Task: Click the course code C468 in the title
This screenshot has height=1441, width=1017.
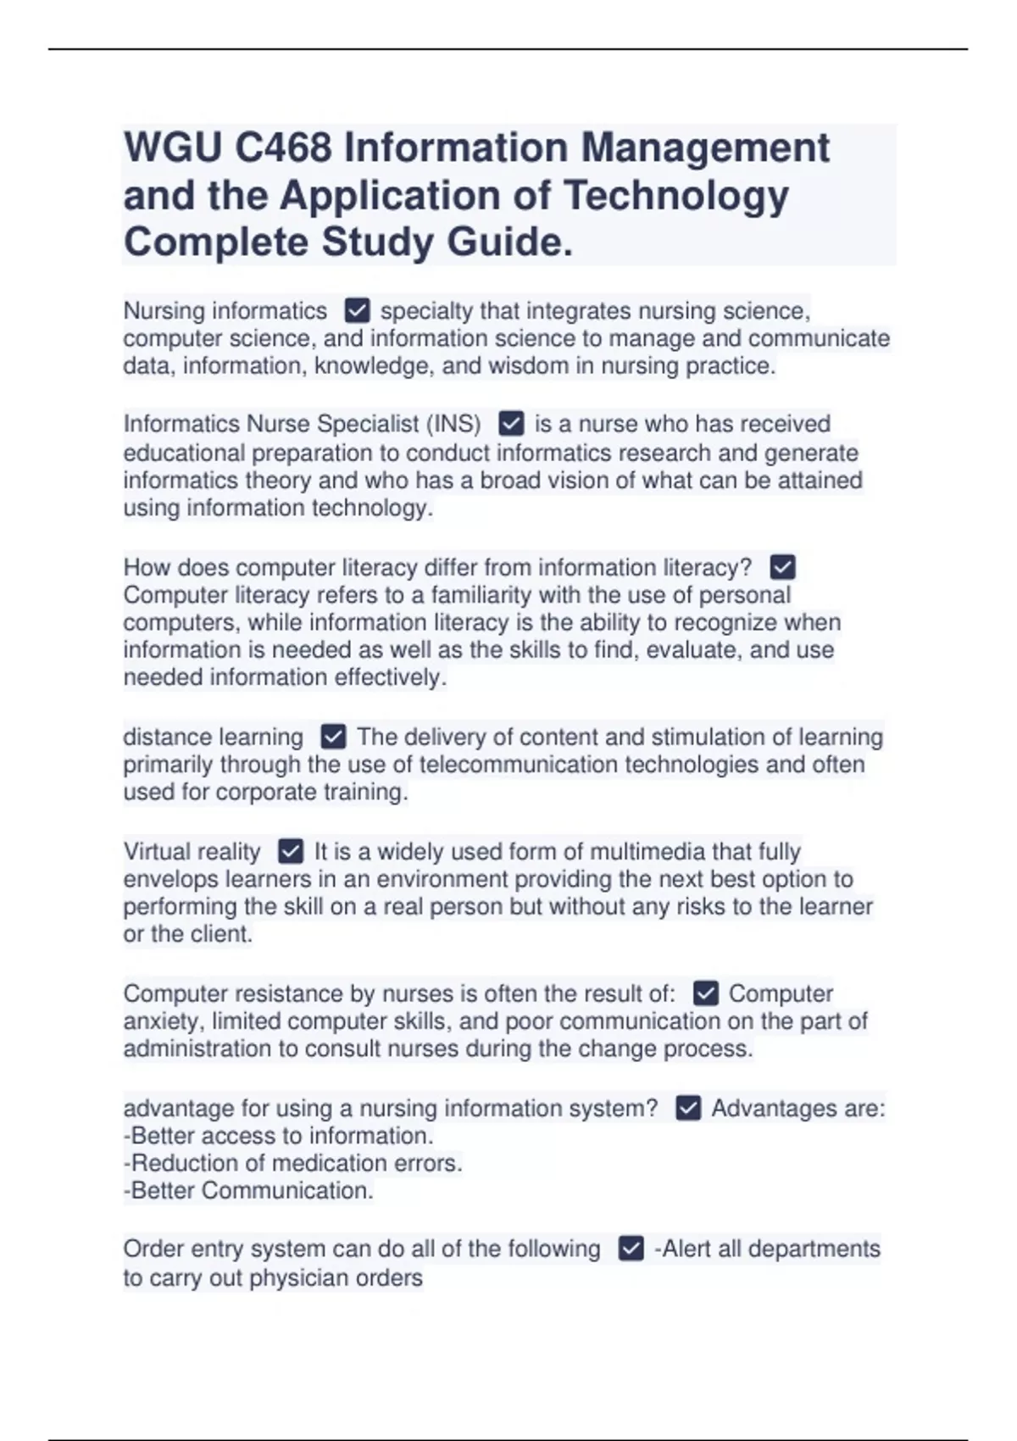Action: coord(283,148)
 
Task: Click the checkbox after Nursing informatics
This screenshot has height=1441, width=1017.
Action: coord(358,310)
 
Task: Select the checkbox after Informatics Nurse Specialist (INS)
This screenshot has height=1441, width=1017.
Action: coord(511,423)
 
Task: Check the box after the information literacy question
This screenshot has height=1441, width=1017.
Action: coord(782,566)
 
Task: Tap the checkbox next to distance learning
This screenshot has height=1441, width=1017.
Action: coord(334,737)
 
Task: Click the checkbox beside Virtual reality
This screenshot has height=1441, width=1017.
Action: coord(291,850)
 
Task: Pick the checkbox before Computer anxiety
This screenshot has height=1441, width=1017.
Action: coord(705,993)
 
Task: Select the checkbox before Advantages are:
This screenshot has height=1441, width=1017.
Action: coord(688,1108)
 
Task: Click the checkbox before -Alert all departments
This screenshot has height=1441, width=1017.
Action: coord(631,1249)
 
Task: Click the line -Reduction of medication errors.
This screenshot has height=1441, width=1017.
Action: coord(293,1163)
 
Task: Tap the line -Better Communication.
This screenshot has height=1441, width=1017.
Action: coord(248,1190)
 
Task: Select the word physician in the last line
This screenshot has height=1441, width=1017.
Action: coord(300,1277)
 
